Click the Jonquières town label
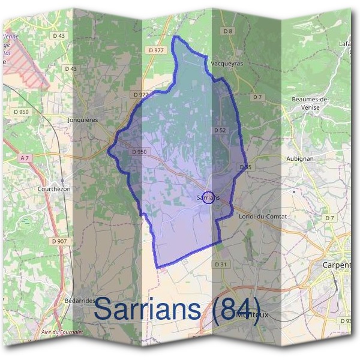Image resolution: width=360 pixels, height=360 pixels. point(83,119)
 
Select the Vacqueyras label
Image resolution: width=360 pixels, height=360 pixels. point(226,62)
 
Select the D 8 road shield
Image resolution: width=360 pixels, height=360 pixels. point(227,31)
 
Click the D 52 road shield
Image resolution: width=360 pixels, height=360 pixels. point(219,130)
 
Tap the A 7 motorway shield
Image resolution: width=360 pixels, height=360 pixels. point(25,158)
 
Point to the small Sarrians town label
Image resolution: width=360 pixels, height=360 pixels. point(208,196)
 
